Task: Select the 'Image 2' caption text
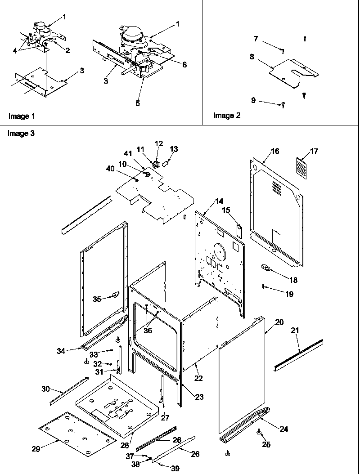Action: tap(226, 116)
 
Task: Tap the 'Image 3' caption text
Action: tap(21, 133)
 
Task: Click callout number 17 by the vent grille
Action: tap(314, 151)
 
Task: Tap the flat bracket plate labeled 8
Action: tap(292, 72)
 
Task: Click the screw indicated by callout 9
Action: tap(283, 105)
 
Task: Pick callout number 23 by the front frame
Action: tap(199, 397)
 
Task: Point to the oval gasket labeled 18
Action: tap(266, 268)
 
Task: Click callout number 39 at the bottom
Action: tap(175, 468)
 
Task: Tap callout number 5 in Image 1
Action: tap(138, 103)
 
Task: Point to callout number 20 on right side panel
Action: tap(279, 322)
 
